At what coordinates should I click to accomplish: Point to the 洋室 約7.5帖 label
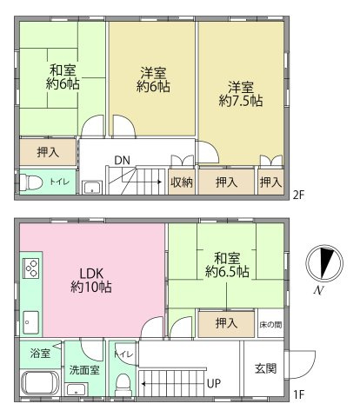241,94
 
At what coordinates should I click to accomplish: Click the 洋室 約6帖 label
151,80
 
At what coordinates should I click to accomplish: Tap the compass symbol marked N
322,266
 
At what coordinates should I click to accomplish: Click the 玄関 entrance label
267,368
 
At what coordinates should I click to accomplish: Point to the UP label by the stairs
213,382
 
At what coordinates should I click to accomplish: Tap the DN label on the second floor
123,161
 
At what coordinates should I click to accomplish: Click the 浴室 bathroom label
38,354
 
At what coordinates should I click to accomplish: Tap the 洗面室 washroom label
84,369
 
